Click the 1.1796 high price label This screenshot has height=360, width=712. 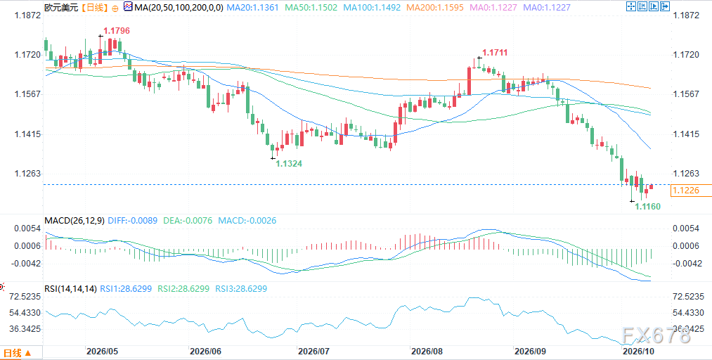pos(117,31)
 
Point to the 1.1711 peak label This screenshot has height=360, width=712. pos(495,53)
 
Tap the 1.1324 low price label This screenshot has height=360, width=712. pos(290,163)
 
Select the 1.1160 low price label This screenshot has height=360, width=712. pos(647,207)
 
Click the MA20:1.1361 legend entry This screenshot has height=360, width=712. pos(252,7)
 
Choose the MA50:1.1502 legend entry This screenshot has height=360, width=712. pos(311,7)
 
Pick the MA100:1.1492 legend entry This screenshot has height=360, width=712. pos(371,7)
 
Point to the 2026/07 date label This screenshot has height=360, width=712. pos(313,352)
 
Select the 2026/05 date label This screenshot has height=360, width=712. pos(102,352)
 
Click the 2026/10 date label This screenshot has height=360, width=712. pos(638,352)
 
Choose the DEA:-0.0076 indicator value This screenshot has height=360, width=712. pos(188,221)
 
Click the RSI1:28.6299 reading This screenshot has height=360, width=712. pos(126,288)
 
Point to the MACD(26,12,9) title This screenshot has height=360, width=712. pos(75,221)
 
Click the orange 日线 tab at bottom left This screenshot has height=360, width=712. pos(18,353)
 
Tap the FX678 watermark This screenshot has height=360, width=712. pos(656,335)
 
